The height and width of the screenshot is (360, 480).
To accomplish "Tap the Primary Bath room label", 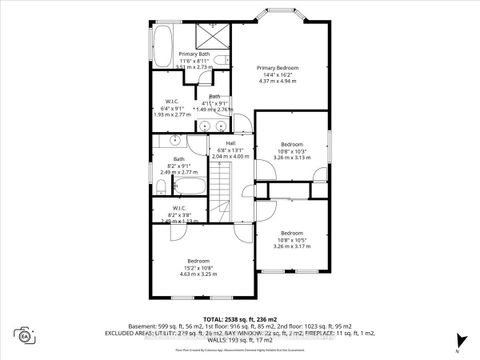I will click(x=194, y=54).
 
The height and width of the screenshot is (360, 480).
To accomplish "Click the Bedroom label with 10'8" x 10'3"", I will click(x=291, y=143).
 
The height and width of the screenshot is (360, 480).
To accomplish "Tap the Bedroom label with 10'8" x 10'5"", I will click(x=291, y=233).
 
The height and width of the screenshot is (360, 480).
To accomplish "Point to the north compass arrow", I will click(x=458, y=343).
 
